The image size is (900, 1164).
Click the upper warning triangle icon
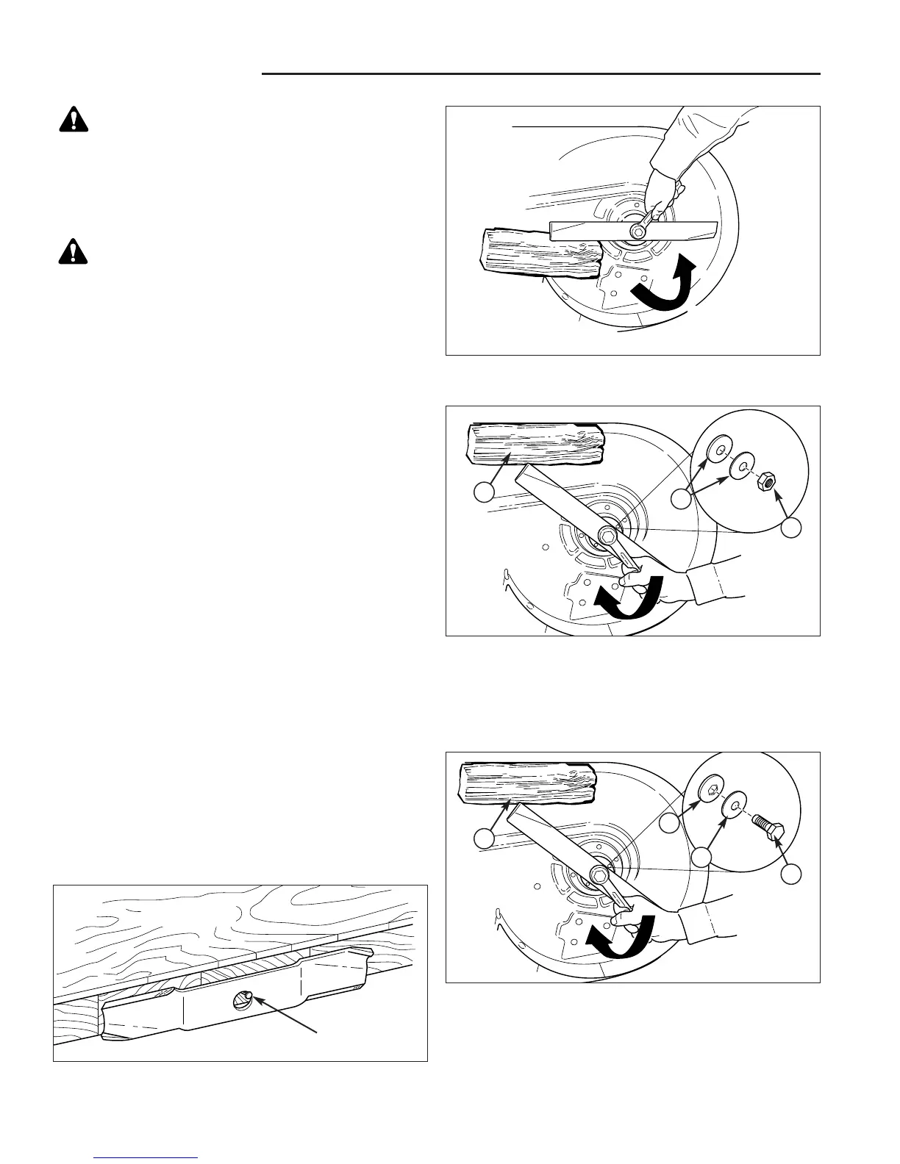pyautogui.click(x=74, y=119)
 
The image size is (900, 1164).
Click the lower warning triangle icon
pyautogui.click(x=74, y=252)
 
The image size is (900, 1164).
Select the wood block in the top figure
pyautogui.click(x=540, y=253)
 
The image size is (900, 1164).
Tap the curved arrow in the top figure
pyautogui.click(x=665, y=284)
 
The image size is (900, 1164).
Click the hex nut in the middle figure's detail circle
pyautogui.click(x=765, y=481)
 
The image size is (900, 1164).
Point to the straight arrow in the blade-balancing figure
pyautogui.click(x=287, y=1015)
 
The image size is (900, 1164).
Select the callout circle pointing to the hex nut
pyautogui.click(x=791, y=528)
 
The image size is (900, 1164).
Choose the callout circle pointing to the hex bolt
pyautogui.click(x=791, y=874)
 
